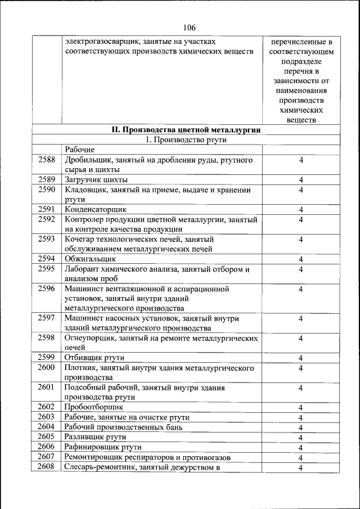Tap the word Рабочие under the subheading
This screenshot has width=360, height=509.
tap(79, 150)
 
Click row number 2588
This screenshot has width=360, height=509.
tap(47, 160)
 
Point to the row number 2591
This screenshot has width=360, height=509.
tap(47, 209)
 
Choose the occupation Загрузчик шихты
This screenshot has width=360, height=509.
tap(96, 179)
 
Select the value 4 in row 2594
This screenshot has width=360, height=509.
tap(301, 259)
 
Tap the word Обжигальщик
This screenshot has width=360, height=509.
tap(90, 259)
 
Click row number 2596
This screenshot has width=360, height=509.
tap(47, 289)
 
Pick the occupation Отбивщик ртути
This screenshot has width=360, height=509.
tap(94, 358)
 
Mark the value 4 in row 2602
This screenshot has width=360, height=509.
tap(301, 407)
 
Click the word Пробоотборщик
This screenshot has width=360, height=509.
tap(93, 407)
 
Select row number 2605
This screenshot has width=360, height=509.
tap(47, 436)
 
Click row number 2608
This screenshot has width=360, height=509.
tap(47, 467)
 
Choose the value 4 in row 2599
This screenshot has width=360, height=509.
tap(301, 358)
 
